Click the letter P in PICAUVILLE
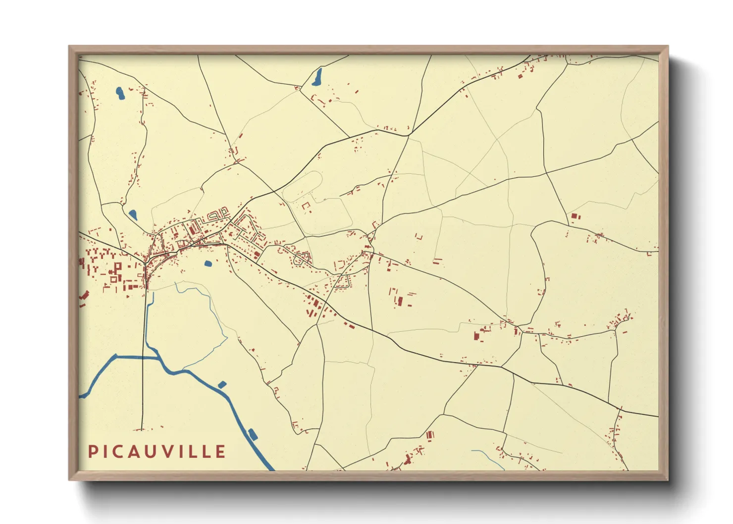pos(93,452)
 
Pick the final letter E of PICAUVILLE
pos(220,452)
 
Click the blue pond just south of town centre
pos(208,263)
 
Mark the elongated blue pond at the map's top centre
pos(317,77)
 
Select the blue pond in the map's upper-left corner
pos(120,93)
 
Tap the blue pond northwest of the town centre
pos(133,215)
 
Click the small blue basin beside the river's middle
pos(222,384)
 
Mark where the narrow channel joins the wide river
pos(157,356)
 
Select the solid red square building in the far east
pos(575,216)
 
